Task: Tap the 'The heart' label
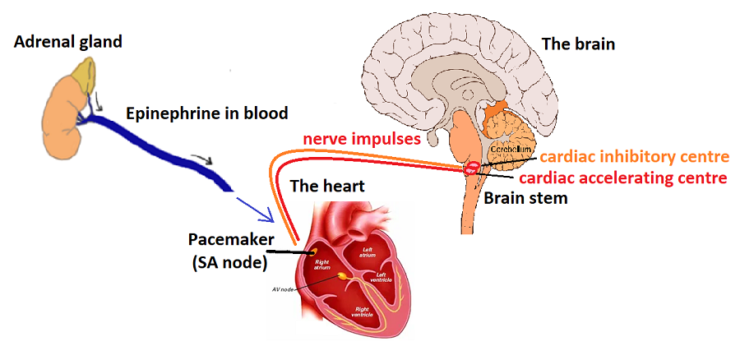click(x=326, y=187)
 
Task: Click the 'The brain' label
click(x=576, y=44)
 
